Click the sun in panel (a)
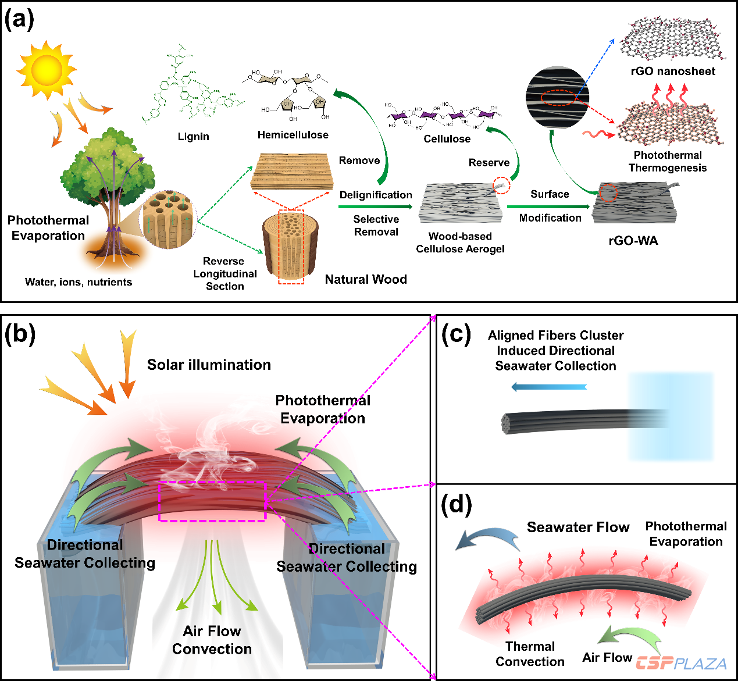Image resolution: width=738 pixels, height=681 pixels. pos(47,70)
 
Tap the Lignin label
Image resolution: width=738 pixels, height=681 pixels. pos(194,137)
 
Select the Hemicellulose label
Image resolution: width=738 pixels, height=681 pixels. pos(293,135)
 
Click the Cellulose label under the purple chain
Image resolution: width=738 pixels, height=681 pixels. pos(447,139)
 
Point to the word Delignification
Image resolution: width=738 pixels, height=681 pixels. pos(376,195)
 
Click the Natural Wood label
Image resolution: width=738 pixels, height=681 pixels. pos(366,279)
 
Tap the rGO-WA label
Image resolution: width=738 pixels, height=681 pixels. pos(633,241)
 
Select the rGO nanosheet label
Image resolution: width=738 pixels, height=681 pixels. pos(673,71)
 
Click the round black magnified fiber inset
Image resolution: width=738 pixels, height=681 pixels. pos(557,97)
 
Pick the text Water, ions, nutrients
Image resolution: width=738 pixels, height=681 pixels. pos(79,282)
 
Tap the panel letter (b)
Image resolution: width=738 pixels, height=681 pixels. pos(20,334)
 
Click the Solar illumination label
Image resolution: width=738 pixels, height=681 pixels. pos(209,365)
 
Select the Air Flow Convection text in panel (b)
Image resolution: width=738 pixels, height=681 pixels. pos(212,640)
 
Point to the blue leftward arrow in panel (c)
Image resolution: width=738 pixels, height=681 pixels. pos(549,387)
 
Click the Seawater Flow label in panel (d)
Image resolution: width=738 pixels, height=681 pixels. pos(578,527)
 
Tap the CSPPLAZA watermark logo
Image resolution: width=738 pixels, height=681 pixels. pos(681,663)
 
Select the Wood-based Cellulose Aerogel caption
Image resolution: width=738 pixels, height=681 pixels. pos(460,243)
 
